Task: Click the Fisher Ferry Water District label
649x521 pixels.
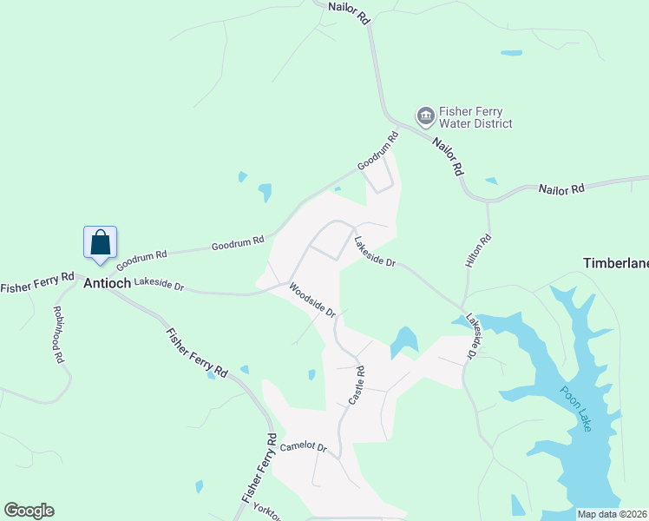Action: coord(475,117)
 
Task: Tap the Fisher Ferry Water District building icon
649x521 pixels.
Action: coord(425,115)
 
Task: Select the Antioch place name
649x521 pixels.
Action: coord(107,283)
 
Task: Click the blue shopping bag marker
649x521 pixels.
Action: coord(100,242)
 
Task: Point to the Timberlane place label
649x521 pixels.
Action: coord(615,262)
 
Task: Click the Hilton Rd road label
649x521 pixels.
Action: coord(479,249)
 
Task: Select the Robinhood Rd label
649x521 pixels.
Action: coord(59,333)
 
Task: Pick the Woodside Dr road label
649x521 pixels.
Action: coord(311,300)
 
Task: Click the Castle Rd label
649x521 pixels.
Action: coord(357,385)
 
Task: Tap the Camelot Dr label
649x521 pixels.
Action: coord(303,447)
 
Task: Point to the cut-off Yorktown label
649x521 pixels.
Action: coord(267,507)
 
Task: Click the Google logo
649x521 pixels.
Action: coord(29,511)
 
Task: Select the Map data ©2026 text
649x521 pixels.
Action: coord(611,514)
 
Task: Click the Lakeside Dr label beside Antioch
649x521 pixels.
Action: coord(160,284)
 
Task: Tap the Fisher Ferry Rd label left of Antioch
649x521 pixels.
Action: coord(37,286)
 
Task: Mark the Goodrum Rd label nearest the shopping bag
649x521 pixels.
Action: coord(140,258)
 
